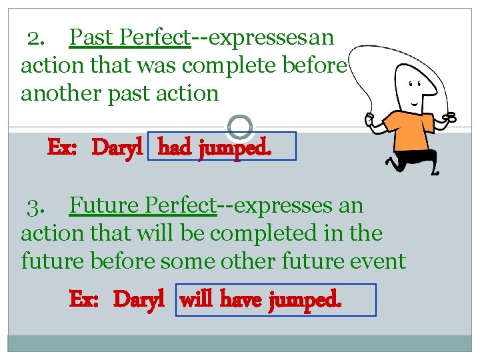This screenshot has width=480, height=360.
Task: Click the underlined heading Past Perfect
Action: [130, 38]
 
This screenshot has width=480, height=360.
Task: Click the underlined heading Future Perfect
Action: [143, 206]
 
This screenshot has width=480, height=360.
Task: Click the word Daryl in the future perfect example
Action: [139, 300]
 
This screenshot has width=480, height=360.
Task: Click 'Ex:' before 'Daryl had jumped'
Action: [64, 147]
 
